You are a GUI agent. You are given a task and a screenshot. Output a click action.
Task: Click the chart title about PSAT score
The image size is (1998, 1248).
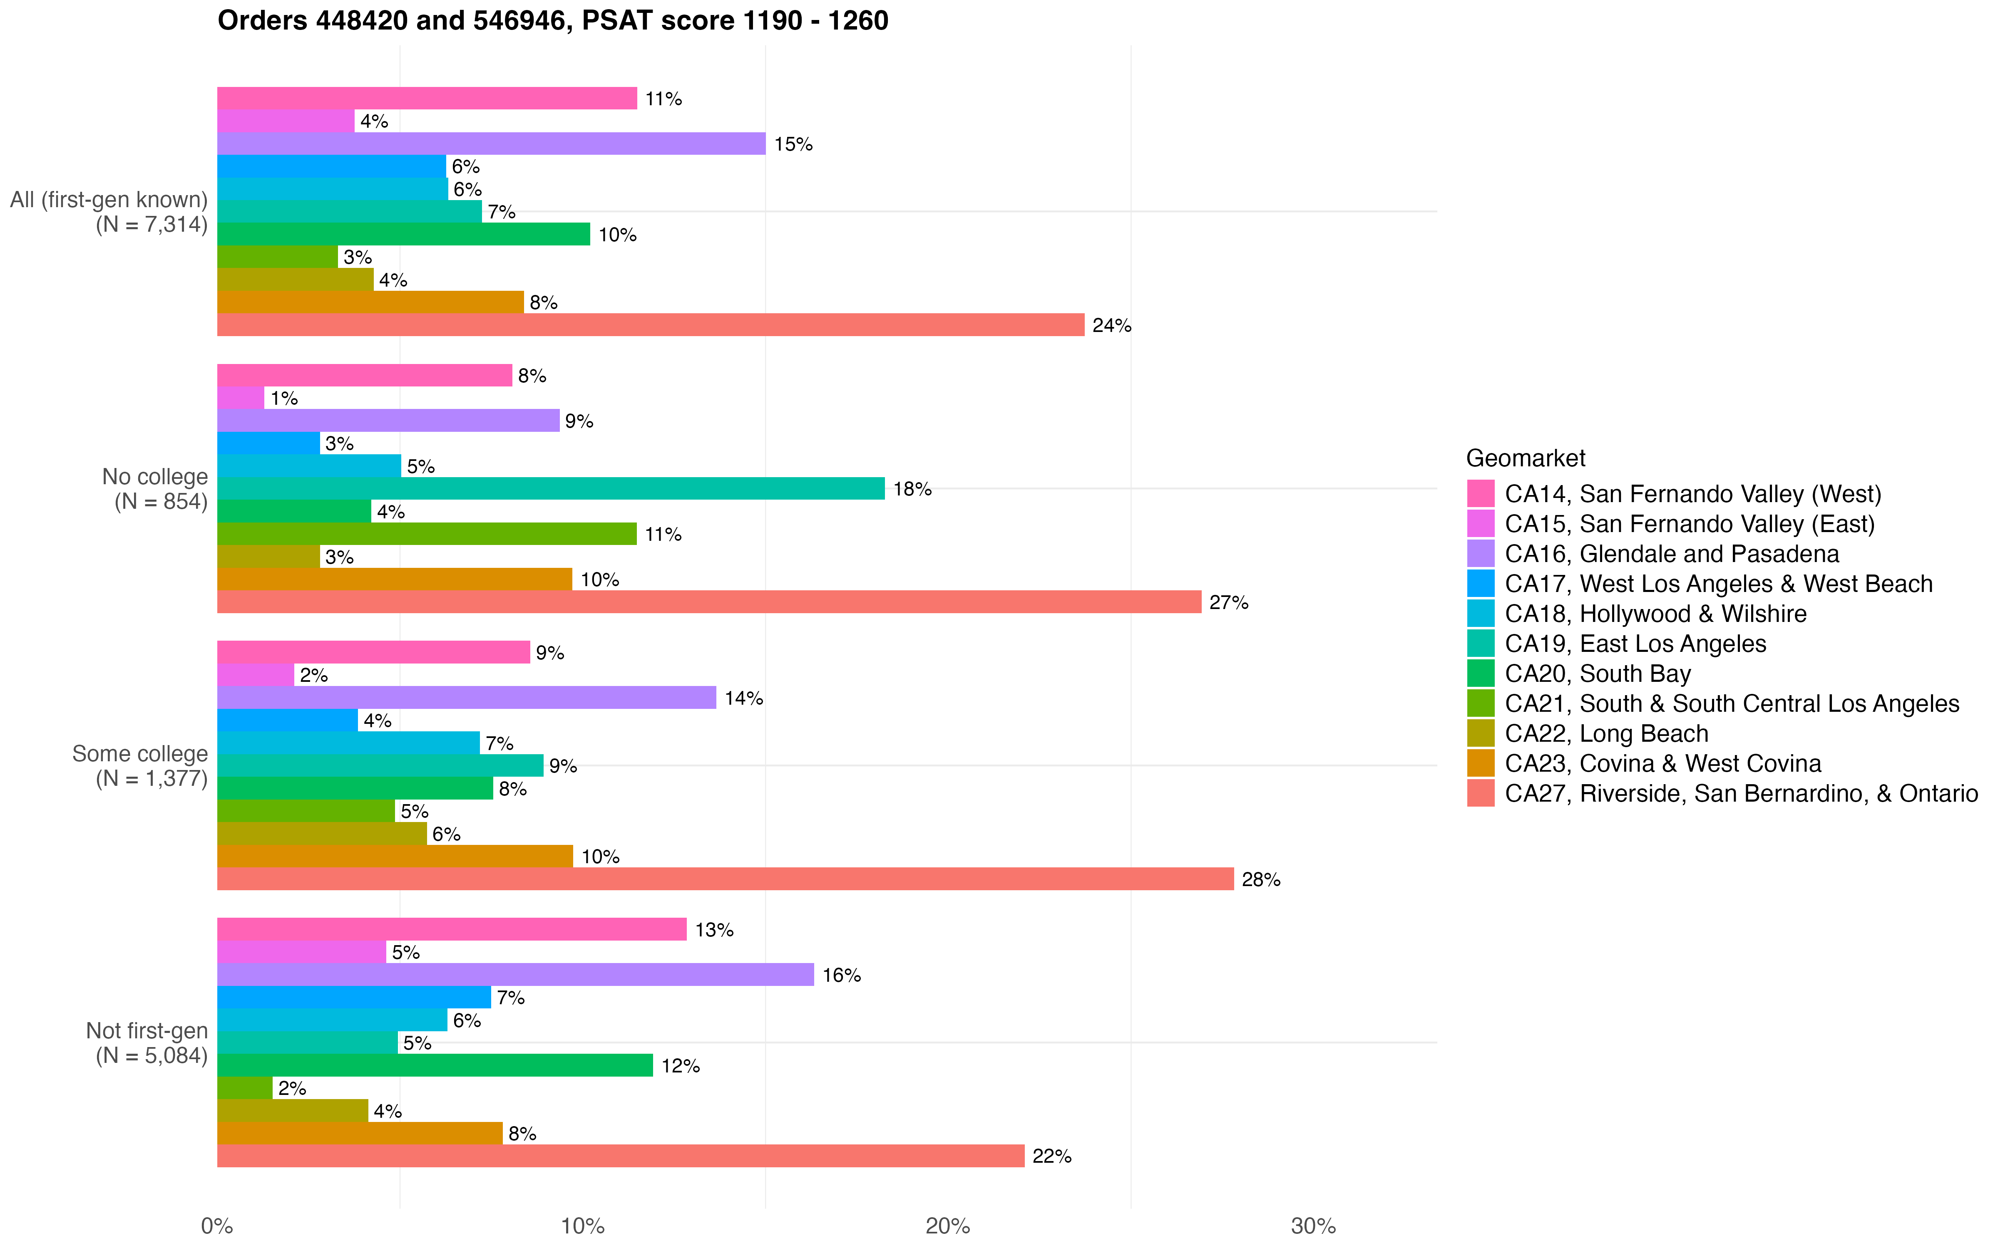tap(552, 21)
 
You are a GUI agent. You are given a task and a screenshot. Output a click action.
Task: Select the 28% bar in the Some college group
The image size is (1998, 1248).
tap(725, 879)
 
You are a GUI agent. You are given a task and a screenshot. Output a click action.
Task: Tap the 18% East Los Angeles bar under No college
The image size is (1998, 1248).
tap(551, 489)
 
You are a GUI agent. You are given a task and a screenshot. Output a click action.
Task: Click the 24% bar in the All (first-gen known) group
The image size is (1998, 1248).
tap(651, 325)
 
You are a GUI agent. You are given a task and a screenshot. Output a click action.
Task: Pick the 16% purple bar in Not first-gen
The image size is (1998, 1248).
tap(515, 975)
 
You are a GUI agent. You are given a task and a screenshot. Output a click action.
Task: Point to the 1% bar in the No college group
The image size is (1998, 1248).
tap(240, 398)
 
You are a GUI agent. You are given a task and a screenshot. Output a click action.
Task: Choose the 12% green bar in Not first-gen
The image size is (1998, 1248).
tap(435, 1066)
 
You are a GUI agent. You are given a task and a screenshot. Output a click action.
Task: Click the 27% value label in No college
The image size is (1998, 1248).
tap(1228, 602)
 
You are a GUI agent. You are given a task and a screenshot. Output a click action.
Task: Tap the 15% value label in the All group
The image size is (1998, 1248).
tap(793, 144)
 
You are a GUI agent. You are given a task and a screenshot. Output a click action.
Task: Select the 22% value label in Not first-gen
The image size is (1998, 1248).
tap(1052, 1156)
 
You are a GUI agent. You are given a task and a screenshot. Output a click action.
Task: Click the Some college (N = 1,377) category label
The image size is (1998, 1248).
tap(140, 766)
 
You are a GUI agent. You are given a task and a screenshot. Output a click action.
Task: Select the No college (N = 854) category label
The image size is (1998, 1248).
tap(155, 489)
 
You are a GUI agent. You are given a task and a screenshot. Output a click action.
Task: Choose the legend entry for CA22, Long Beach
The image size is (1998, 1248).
tap(1606, 734)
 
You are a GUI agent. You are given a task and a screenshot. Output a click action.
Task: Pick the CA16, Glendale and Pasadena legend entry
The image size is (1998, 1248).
tap(1671, 554)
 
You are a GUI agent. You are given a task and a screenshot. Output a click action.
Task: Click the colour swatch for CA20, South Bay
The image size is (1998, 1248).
tap(1480, 674)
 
